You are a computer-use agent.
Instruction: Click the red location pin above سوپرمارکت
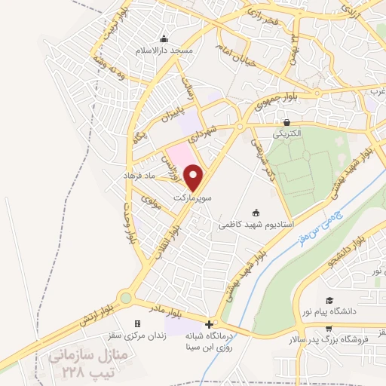click(x=195, y=177)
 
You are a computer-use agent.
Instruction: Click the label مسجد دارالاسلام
click(x=164, y=50)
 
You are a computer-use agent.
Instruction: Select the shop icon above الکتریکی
click(x=286, y=122)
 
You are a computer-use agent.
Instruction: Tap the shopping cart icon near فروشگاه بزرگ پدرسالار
click(x=329, y=328)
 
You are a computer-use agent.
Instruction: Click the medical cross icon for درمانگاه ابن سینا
click(x=209, y=324)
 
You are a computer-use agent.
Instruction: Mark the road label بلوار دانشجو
click(x=365, y=251)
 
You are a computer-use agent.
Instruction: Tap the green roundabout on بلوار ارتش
click(x=125, y=299)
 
